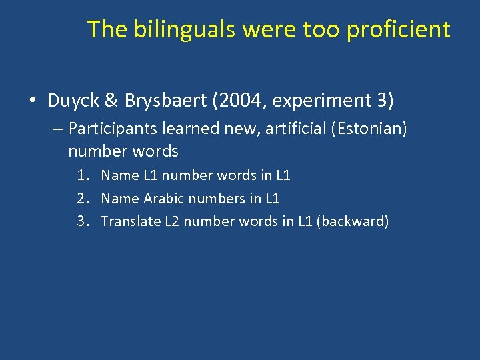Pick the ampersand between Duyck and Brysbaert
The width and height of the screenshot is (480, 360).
[111, 101]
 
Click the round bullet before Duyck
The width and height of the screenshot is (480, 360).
[32, 101]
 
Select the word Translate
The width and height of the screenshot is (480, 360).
[130, 221]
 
